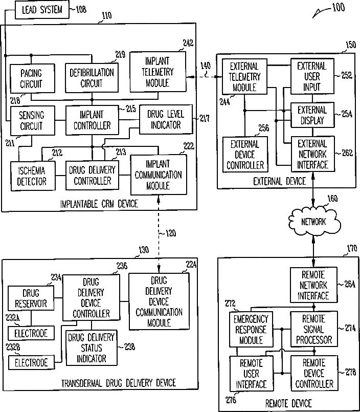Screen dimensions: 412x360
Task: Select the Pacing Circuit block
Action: (31, 79)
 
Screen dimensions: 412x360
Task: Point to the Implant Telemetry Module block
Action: (159, 70)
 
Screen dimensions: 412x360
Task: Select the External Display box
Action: (312, 115)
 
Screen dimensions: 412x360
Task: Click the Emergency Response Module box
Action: (251, 330)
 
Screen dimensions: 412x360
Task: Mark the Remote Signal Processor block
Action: (313, 330)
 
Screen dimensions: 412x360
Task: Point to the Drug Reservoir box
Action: (30, 299)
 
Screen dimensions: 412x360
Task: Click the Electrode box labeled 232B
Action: (31, 363)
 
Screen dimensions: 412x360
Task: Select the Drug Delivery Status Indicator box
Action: (92, 348)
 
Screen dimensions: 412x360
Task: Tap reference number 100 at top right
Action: (338, 8)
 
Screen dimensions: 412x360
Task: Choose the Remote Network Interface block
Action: (313, 285)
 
